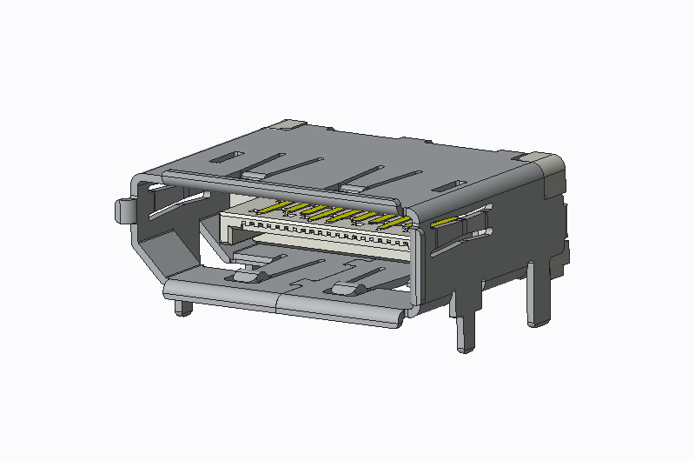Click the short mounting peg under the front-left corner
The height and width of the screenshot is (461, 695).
pyautogui.click(x=182, y=308)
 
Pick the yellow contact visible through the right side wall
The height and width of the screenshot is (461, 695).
pyautogui.click(x=446, y=224)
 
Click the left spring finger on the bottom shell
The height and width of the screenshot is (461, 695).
pyautogui.click(x=245, y=276)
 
